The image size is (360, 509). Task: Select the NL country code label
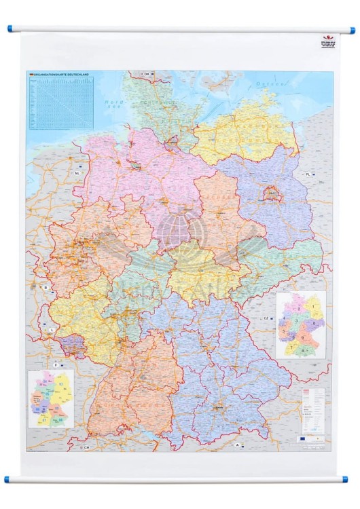[77, 172]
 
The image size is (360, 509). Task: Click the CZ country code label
[266, 318]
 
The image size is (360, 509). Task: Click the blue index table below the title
[60, 102]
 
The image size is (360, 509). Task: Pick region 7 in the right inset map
[293, 347]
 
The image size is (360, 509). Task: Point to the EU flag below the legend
[303, 438]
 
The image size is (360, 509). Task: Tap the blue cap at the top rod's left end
[10, 30]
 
